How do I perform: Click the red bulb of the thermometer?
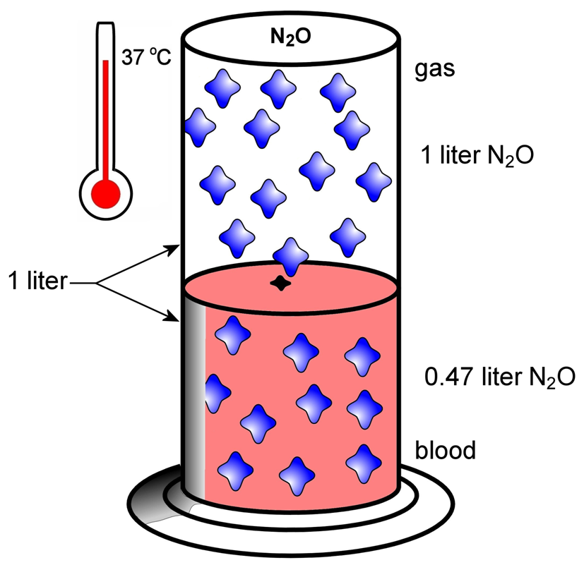(107, 192)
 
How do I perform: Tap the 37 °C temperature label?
(145, 58)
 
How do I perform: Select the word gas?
(434, 71)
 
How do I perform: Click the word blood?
(445, 449)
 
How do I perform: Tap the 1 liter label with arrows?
(37, 281)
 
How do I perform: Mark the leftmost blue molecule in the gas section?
(199, 127)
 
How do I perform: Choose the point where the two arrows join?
(97, 283)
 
